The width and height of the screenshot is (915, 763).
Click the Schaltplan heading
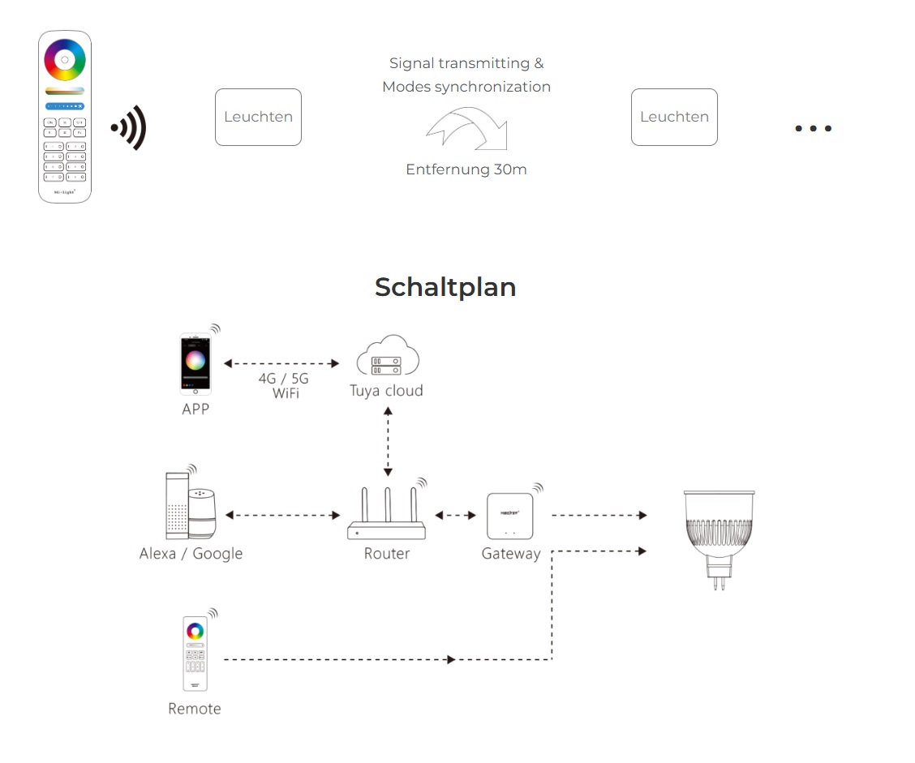pyautogui.click(x=445, y=287)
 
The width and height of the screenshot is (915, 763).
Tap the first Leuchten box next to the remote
pyautogui.click(x=258, y=117)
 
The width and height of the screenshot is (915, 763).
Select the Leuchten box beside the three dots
pyautogui.click(x=674, y=117)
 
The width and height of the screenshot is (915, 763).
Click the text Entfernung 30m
pyautogui.click(x=466, y=169)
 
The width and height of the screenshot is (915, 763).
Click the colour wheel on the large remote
pyautogui.click(x=65, y=59)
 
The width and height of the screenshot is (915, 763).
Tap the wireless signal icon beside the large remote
pyautogui.click(x=130, y=127)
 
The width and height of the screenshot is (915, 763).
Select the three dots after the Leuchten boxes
pyautogui.click(x=813, y=128)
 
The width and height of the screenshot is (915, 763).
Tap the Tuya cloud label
pyautogui.click(x=386, y=391)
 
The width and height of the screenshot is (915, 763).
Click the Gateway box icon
pyautogui.click(x=509, y=516)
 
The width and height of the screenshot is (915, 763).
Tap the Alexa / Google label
pyautogui.click(x=191, y=554)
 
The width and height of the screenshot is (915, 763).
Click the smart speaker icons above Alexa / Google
pyautogui.click(x=189, y=506)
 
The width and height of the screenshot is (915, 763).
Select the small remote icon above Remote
pyautogui.click(x=194, y=654)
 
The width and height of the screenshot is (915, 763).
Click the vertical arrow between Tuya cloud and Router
pyautogui.click(x=388, y=441)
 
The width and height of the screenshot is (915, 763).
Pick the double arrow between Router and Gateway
pyautogui.click(x=456, y=515)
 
